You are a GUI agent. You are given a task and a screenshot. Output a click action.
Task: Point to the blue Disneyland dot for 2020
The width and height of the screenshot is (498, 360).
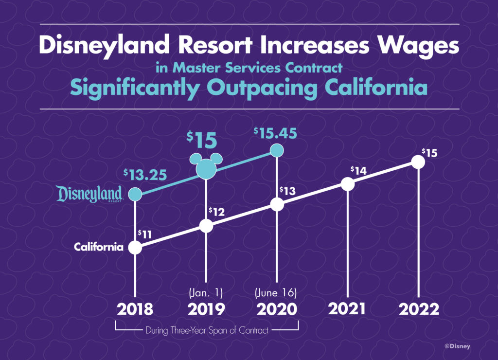click(277, 150)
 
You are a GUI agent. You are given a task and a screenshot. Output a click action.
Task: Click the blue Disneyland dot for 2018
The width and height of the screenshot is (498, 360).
click(135, 195)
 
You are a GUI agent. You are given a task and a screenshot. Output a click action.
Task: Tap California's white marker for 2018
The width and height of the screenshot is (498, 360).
click(135, 247)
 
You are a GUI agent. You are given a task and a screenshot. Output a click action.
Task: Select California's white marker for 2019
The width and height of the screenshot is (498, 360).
click(206, 226)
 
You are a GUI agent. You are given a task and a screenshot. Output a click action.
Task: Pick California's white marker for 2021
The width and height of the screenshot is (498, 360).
click(347, 184)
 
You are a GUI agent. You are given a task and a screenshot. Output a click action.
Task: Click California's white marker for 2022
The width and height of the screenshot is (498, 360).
click(418, 162)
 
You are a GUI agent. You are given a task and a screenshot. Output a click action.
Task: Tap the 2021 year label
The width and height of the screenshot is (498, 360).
click(348, 309)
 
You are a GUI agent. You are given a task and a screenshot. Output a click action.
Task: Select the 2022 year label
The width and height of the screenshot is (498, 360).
click(419, 309)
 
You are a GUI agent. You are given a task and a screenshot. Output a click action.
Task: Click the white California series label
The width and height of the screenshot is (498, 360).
click(98, 247)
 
